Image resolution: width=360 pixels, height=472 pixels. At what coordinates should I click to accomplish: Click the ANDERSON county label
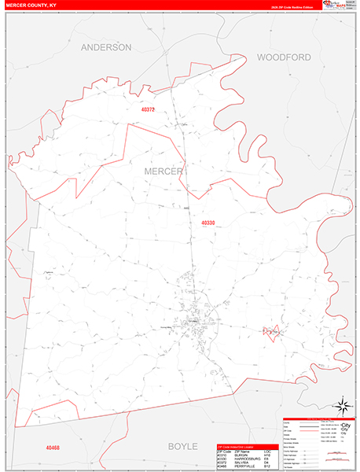106,47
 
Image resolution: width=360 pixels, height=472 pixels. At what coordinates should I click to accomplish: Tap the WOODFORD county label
284,57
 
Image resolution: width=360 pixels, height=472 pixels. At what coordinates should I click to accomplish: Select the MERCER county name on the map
163,171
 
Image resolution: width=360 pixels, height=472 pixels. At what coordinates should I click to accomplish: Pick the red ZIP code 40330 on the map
208,223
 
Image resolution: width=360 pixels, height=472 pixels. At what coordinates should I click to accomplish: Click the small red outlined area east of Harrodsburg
272,332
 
